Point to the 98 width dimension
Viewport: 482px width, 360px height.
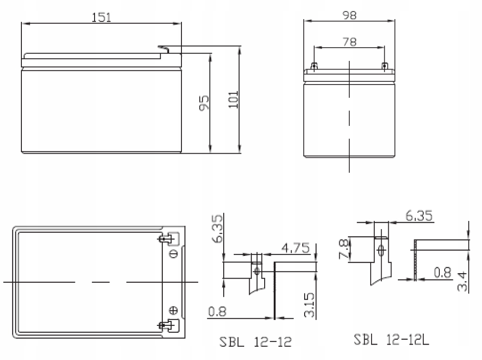point(349,15)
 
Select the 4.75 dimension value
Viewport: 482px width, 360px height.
point(295,248)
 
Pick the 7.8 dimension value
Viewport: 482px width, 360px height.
point(346,250)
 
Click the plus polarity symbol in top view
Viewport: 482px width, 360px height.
point(173,311)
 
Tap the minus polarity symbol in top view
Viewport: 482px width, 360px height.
point(173,254)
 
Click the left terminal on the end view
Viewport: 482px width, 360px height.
point(314,66)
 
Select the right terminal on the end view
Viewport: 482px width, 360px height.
point(385,66)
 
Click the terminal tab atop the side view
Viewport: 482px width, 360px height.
point(165,48)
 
